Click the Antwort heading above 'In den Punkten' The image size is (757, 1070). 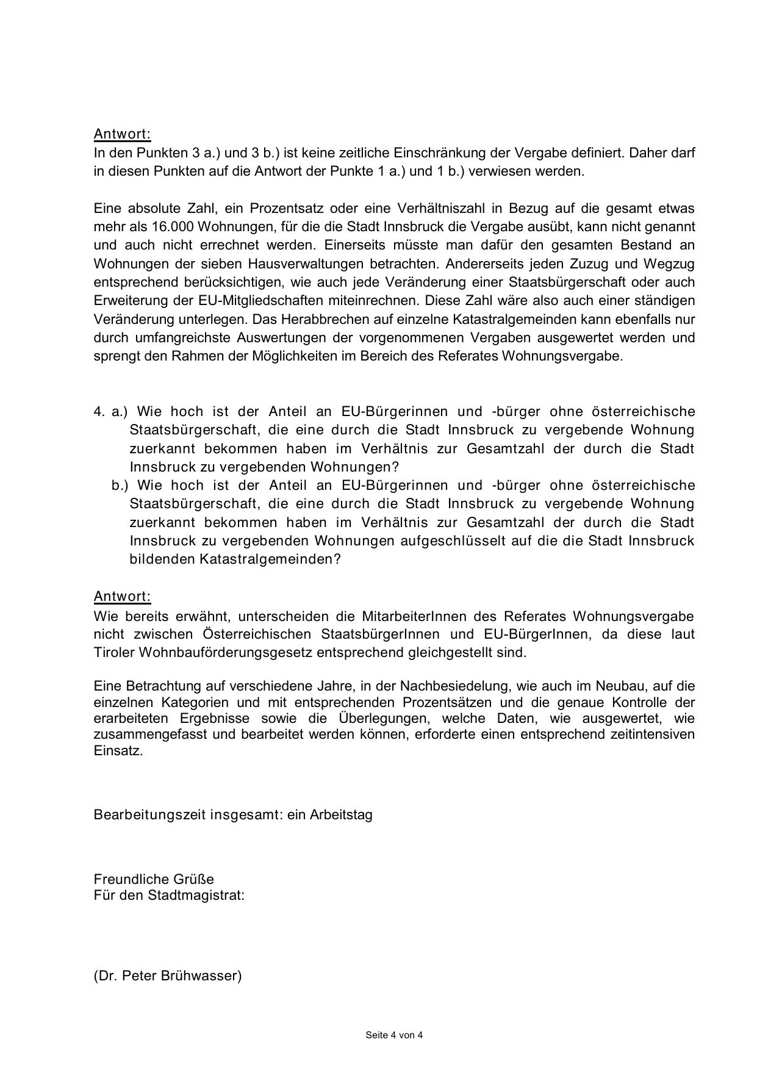[x=122, y=134]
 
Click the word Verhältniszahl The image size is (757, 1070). [x=437, y=209]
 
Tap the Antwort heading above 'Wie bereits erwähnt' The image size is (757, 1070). [x=122, y=596]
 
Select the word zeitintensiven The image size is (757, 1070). [x=652, y=734]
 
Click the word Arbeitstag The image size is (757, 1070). [x=341, y=814]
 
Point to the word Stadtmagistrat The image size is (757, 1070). [x=196, y=895]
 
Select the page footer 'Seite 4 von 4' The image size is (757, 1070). [x=394, y=1035]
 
